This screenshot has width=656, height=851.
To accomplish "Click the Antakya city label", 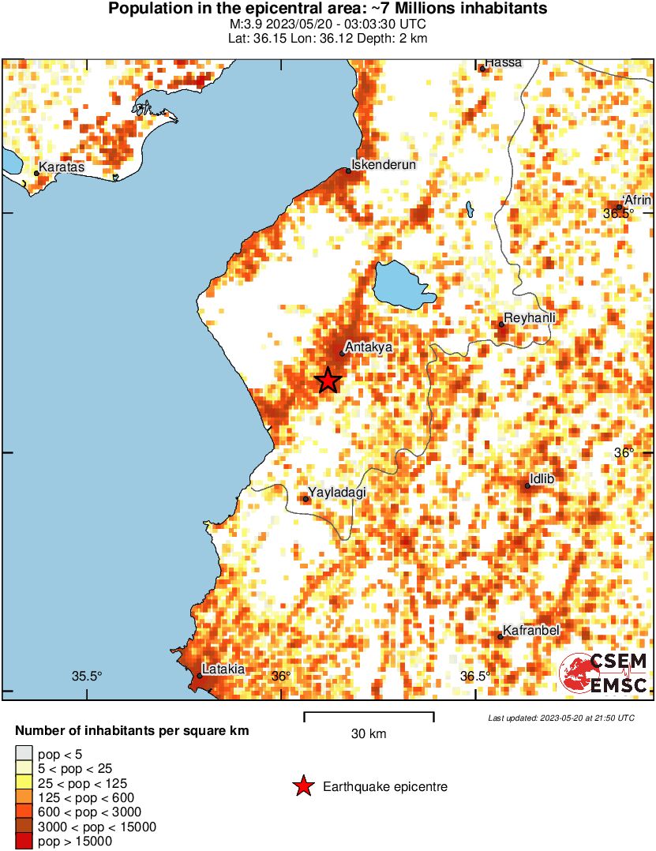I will [369, 346].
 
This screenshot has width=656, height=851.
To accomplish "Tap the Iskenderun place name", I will [383, 164].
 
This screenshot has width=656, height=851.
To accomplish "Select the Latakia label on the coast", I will [223, 669].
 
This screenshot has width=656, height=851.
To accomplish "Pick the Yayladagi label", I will [338, 493].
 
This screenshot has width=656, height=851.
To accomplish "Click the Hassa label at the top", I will [504, 62].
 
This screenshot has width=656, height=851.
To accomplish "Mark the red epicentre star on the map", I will [328, 381].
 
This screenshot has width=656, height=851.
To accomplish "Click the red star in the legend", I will [303, 786].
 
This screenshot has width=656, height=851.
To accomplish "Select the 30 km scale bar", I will [369, 717].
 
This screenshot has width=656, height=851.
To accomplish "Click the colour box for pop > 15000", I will [24, 842].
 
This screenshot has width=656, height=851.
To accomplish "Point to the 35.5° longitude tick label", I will [88, 676].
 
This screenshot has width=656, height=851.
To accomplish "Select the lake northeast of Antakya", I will [403, 286].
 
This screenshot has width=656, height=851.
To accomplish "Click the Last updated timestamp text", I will [560, 718].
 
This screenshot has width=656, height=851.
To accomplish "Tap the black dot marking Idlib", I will [527, 485].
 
